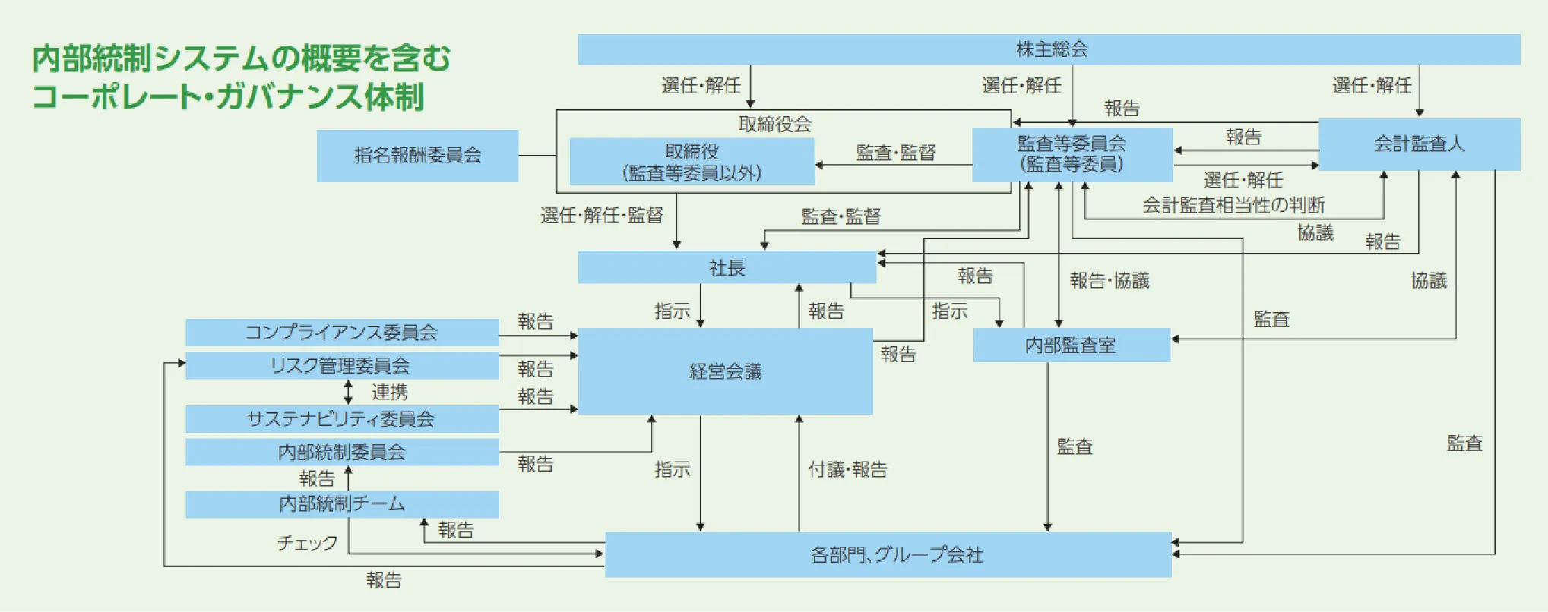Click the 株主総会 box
(x=1049, y=49)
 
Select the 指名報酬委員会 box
(x=417, y=156)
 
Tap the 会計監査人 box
(x=1419, y=144)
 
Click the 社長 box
(x=727, y=267)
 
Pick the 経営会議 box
(x=725, y=371)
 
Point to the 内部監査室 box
(x=1071, y=345)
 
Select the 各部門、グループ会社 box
(x=888, y=555)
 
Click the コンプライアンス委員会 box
(x=342, y=333)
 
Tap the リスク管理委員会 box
(x=342, y=365)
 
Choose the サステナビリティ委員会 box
(x=342, y=419)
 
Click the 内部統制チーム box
(x=342, y=504)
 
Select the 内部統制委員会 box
(x=342, y=452)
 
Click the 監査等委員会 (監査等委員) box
(x=1072, y=154)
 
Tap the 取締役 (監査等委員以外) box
(x=692, y=162)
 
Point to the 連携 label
(x=389, y=393)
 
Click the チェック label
(x=307, y=543)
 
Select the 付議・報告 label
(x=847, y=469)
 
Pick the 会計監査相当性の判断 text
(x=1233, y=205)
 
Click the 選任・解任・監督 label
(x=601, y=216)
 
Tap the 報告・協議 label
(x=1110, y=280)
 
